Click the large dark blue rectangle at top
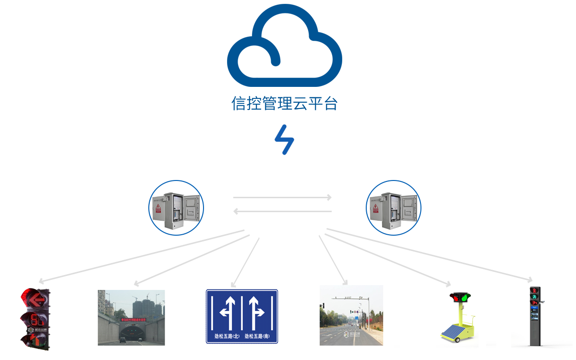pos(284,45)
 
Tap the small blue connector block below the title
pos(284,140)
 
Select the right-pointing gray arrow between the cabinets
pos(282,197)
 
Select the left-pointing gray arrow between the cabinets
pos(282,211)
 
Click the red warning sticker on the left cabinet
pos(157,208)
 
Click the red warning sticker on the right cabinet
pos(375,208)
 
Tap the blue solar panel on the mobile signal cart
pos(455,332)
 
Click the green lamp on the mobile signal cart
pos(464,298)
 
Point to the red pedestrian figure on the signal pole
pos(534,291)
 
